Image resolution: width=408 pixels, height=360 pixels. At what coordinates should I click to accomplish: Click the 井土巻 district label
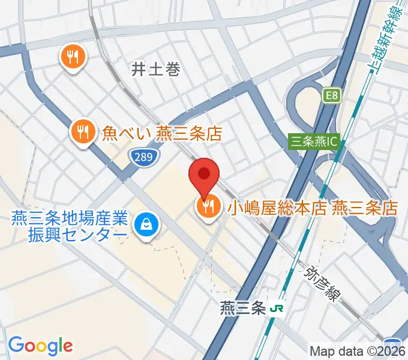[x=156, y=70]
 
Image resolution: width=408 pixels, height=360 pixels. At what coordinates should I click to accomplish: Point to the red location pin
[x=204, y=174]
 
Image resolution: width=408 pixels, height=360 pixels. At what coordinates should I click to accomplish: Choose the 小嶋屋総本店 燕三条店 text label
[x=312, y=208]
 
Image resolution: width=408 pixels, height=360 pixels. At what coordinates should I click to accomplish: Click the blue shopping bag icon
[x=145, y=225]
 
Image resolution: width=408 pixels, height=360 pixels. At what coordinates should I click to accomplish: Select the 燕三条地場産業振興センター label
[x=68, y=225]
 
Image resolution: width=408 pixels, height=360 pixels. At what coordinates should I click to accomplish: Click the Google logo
[x=40, y=346]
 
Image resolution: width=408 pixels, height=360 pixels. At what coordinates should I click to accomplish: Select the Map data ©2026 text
[x=357, y=350]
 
